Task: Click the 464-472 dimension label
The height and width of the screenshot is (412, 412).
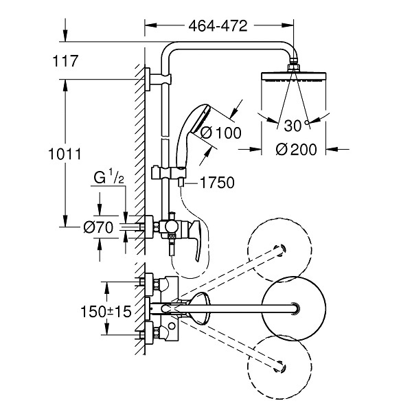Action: click(x=218, y=26)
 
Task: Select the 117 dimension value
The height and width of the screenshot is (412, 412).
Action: click(x=65, y=61)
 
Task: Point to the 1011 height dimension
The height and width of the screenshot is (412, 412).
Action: click(x=65, y=154)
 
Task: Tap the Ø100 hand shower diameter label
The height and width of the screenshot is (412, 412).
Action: click(x=220, y=133)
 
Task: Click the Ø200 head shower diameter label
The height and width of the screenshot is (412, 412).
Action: click(x=297, y=150)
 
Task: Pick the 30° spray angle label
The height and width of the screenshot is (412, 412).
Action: click(x=296, y=126)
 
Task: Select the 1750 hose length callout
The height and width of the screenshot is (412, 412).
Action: click(x=217, y=183)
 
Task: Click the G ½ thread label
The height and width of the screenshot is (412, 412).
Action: click(x=108, y=176)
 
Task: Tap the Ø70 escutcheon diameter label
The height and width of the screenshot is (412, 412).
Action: click(x=98, y=227)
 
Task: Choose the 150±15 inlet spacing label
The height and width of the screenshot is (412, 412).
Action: click(x=106, y=312)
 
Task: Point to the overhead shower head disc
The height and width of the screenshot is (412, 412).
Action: click(x=294, y=77)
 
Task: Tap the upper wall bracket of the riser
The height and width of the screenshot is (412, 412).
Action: click(x=159, y=79)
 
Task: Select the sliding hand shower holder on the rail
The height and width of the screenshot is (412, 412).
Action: click(x=169, y=172)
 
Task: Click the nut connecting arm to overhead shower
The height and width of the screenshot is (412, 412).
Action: click(x=294, y=67)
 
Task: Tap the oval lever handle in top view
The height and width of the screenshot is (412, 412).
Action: click(x=201, y=308)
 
